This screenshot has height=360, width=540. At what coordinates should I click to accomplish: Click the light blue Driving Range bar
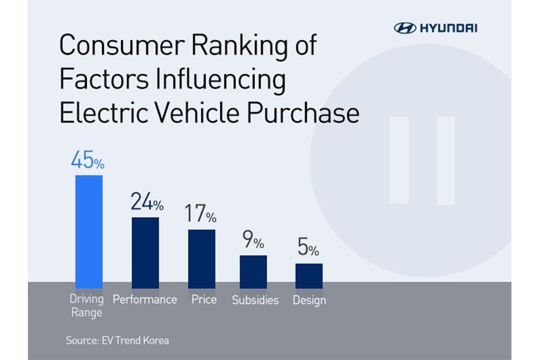(89, 231)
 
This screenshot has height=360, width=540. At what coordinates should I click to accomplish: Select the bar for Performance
(145, 253)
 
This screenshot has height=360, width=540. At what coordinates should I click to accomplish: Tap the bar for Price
(202, 259)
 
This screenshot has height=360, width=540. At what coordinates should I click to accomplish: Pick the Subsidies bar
(253, 272)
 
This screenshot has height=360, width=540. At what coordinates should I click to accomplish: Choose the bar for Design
(309, 276)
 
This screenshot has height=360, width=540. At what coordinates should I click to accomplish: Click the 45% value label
(87, 160)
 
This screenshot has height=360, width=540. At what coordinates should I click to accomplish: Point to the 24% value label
(146, 202)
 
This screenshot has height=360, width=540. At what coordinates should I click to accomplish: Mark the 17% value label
(200, 214)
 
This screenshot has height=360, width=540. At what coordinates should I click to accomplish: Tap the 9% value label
(253, 241)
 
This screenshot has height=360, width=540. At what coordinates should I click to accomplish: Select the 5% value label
(309, 249)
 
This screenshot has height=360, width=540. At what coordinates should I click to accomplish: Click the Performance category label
(145, 299)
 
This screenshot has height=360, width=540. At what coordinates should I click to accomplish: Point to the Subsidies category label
(255, 300)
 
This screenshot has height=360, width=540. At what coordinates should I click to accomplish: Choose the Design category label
(309, 300)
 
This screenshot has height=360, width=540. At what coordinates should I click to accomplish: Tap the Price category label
(203, 299)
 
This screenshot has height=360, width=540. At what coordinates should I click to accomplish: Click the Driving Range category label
(87, 305)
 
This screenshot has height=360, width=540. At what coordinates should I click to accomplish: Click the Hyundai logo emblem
(405, 27)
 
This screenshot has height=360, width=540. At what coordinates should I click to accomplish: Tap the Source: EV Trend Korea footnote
(117, 340)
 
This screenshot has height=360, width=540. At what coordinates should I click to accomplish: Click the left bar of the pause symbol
(399, 160)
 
